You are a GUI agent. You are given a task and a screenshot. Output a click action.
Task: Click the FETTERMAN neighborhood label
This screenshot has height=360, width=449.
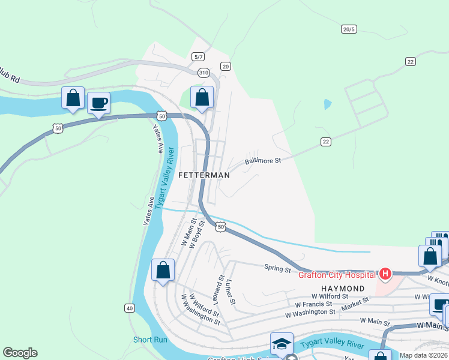tap(204, 175)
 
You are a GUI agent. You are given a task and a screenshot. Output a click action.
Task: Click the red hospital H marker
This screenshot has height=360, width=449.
tap(384, 275)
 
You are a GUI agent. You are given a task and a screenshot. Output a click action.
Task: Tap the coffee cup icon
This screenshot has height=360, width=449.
tap(99, 103)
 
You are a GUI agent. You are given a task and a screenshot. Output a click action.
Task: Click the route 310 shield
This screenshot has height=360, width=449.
tap(204, 72)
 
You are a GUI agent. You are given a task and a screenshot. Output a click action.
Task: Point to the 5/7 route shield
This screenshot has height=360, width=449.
tap(198, 56)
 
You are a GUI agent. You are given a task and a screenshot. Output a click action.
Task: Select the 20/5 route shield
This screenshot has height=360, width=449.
tap(349, 29)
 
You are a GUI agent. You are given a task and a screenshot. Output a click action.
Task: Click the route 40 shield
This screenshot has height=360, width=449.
tap(130, 308)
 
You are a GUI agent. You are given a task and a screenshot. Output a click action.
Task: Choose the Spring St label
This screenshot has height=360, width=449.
tap(277, 268)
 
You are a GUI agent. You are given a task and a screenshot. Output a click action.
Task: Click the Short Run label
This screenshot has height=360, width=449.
tap(150, 340)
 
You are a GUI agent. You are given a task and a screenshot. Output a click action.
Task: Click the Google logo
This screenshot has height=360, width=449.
tap(20, 353)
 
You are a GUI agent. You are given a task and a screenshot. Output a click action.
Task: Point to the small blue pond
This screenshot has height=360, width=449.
tap(327, 104)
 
